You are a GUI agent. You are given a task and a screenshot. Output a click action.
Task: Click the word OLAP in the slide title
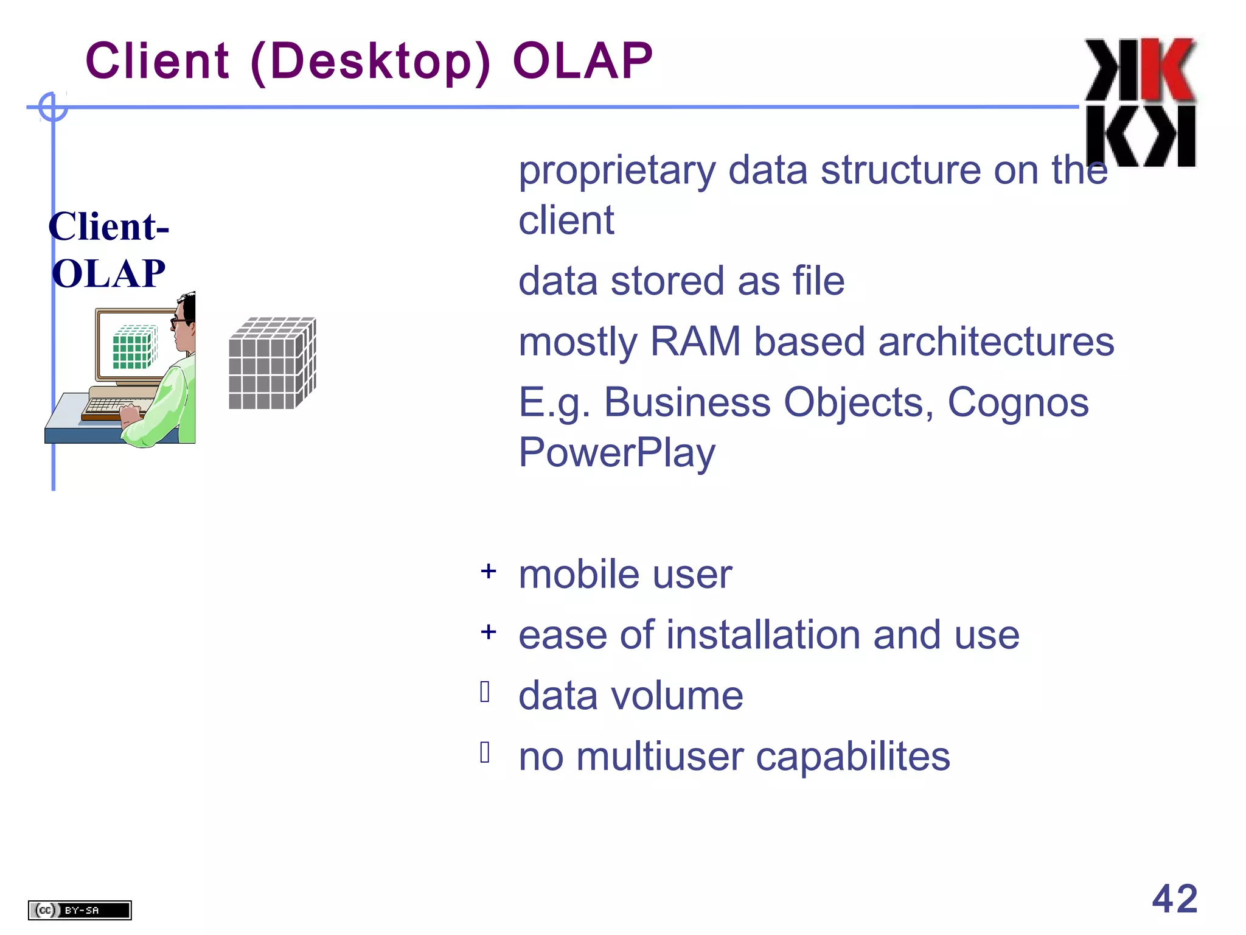tap(582, 61)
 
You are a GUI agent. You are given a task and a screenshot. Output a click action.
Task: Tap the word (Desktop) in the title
tap(370, 62)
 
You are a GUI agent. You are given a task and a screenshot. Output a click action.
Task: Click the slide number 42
tap(1174, 898)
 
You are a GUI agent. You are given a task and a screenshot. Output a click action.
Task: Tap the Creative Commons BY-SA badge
tap(80, 910)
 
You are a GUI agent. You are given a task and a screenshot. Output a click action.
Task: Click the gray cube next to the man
tap(272, 363)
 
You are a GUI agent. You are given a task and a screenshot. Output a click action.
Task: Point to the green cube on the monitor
tap(134, 348)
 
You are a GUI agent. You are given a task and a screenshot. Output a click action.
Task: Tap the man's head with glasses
tap(184, 320)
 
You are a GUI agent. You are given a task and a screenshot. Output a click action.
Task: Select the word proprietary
tap(616, 171)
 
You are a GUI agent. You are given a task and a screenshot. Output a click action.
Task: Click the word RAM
tap(695, 341)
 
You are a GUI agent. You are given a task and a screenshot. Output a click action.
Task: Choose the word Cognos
tap(1018, 402)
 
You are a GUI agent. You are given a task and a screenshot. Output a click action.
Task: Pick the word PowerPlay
tap(616, 453)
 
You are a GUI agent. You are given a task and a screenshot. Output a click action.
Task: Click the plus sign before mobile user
tap(488, 572)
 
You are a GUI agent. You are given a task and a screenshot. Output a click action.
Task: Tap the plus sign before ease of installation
tap(488, 632)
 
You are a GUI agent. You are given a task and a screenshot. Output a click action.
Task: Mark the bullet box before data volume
tap(485, 692)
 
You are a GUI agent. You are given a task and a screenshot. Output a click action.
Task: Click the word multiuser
tap(660, 757)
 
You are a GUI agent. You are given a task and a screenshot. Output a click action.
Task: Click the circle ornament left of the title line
tap(53, 107)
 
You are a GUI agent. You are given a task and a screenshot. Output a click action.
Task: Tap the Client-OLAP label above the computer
tap(108, 250)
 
